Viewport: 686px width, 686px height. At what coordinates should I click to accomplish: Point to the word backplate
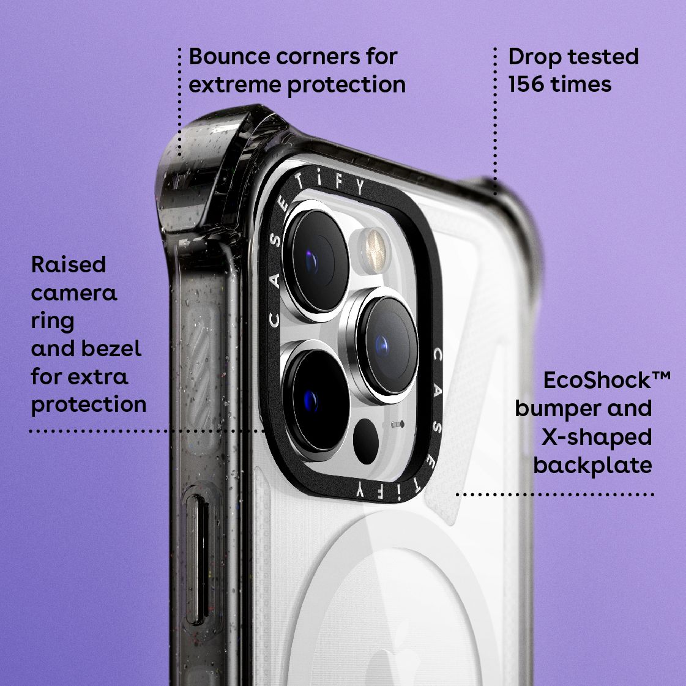592,466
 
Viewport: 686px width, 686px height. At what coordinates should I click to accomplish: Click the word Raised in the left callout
69,265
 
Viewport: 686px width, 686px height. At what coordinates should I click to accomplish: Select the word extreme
235,85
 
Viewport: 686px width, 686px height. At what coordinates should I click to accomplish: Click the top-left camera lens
316,260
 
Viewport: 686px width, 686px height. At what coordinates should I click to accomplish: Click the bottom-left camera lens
316,400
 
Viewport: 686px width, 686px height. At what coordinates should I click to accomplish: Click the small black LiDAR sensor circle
366,441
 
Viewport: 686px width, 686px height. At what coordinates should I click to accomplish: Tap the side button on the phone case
198,560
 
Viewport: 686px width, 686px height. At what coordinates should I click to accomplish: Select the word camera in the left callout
74,293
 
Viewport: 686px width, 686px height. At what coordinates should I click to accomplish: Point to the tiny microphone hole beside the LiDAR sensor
397,424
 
